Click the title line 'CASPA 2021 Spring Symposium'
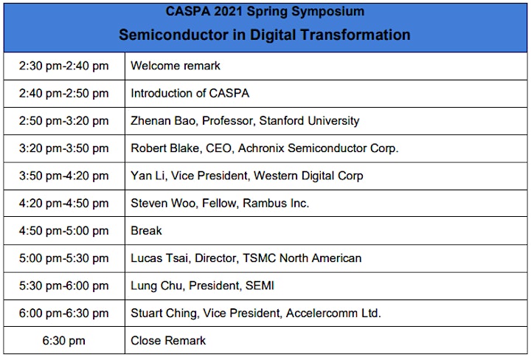[265, 12]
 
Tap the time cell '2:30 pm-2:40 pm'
[63, 66]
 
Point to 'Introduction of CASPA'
[190, 93]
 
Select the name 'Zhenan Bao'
[163, 121]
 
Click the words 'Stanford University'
[309, 121]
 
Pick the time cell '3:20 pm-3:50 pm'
[63, 148]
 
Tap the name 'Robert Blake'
[165, 148]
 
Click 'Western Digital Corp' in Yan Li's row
[308, 176]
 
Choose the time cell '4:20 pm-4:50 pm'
[63, 203]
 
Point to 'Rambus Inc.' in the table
[276, 203]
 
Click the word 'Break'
[146, 231]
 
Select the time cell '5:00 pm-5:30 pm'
[63, 258]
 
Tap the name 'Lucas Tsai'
[159, 258]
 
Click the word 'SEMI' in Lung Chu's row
[260, 285]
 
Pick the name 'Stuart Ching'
[164, 314]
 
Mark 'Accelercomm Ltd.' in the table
[333, 314]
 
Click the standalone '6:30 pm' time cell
[63, 340]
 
